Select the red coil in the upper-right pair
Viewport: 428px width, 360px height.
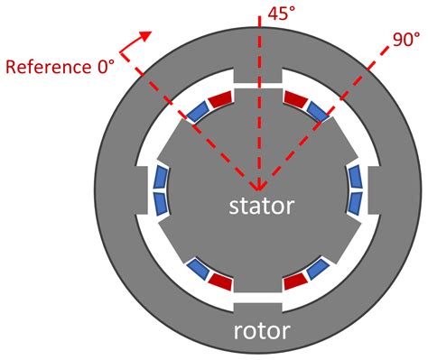coord(297,97)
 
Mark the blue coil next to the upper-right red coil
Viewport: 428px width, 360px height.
coord(319,110)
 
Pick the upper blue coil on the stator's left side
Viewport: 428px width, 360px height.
coord(163,175)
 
